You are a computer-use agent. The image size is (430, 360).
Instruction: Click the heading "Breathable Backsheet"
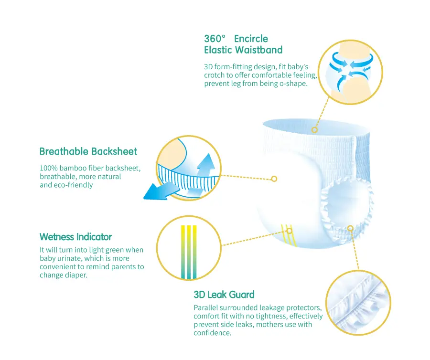click(88, 151)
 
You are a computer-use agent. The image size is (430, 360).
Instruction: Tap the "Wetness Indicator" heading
click(75, 237)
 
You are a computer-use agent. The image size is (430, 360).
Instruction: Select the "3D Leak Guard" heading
click(224, 295)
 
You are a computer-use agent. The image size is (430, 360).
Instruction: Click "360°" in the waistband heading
click(215, 39)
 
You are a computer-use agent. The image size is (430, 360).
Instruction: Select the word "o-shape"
click(293, 84)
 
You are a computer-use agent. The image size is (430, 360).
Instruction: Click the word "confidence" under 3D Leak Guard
click(212, 333)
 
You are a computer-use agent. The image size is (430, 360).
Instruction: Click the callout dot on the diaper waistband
click(314, 130)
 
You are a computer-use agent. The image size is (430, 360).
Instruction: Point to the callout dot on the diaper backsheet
click(274, 179)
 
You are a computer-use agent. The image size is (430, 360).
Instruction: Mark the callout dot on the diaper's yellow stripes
click(290, 231)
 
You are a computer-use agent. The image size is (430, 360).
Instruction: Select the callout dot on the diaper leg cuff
click(350, 228)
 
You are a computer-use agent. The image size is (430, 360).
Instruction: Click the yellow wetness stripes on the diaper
click(289, 234)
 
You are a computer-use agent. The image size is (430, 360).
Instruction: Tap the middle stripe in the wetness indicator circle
click(189, 252)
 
